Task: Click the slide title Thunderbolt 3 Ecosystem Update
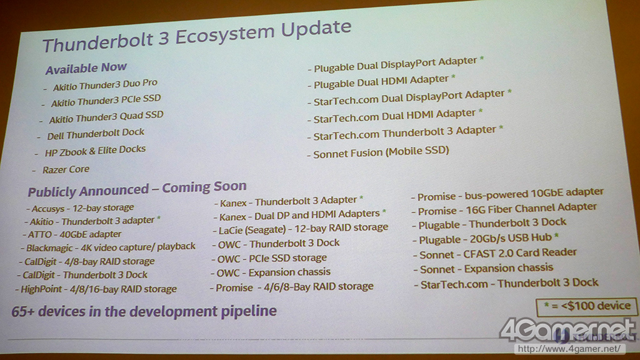coord(197,36)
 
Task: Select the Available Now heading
coord(86,68)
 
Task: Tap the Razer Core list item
coord(66,169)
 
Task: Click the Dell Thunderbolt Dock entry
coord(96,134)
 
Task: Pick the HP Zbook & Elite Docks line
coord(95,151)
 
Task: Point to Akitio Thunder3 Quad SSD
coord(106,117)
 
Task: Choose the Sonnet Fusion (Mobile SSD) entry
coord(381,152)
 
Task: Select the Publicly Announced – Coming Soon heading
coord(137,189)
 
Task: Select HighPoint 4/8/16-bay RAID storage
coord(99,289)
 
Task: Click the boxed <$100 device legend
coord(587,307)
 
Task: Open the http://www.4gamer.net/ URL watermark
coord(569,349)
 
